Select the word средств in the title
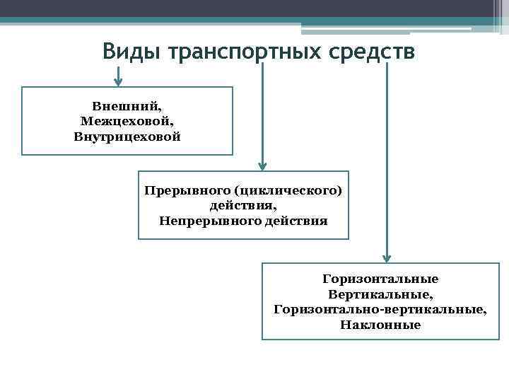click(366, 52)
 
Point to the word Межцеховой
click(127, 121)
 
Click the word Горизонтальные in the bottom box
click(380, 279)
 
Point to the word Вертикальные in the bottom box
click(380, 294)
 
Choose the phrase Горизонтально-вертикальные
click(380, 309)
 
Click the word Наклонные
click(380, 325)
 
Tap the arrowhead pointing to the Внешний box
click(118, 80)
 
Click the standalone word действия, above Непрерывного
click(242, 206)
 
